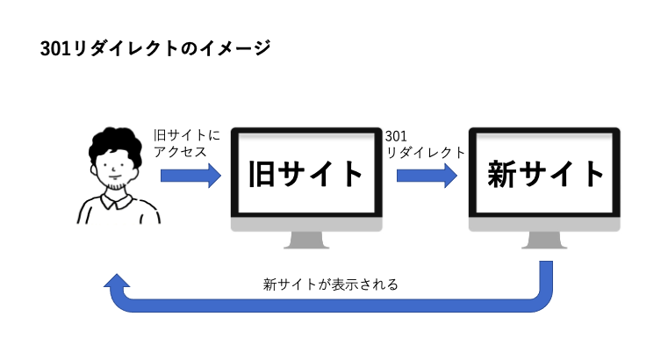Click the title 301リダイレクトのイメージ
click(155, 48)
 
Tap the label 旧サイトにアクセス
click(187, 144)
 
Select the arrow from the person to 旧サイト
click(190, 176)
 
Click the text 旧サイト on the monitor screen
click(305, 174)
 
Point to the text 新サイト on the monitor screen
click(546, 174)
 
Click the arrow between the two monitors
click(427, 176)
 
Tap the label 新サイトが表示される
click(331, 284)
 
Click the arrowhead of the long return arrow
click(117, 281)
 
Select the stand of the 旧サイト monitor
click(306, 241)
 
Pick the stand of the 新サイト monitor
click(544, 241)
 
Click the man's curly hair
click(115, 143)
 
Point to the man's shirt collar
click(114, 201)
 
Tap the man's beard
click(115, 186)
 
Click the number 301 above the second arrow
click(396, 136)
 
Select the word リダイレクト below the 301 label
click(426, 153)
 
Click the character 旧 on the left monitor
click(262, 174)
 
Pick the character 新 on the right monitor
click(502, 174)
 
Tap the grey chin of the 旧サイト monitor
click(306, 225)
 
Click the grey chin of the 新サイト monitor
click(544, 225)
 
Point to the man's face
click(113, 169)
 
